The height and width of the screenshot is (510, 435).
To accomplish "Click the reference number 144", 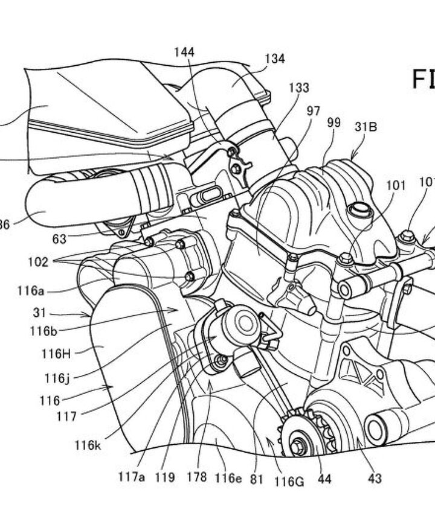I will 184,53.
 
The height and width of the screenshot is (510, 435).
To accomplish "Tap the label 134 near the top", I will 274,59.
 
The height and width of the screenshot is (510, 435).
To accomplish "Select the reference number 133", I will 298,88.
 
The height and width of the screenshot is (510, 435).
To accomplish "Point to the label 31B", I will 366,127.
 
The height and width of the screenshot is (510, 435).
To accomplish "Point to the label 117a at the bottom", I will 132,477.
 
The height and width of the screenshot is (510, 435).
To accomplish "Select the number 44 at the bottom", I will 324,479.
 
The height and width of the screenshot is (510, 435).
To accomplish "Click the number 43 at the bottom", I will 375,479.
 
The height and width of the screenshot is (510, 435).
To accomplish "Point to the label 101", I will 396,186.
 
